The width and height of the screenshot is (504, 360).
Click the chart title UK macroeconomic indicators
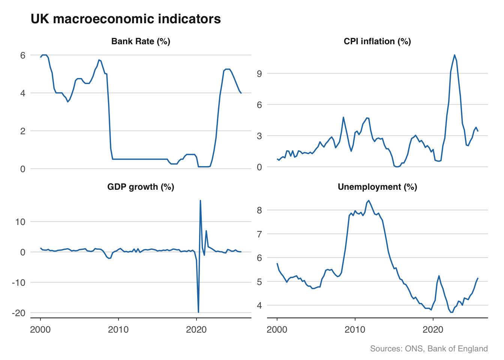(126, 19)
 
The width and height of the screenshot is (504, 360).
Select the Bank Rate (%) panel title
(141, 41)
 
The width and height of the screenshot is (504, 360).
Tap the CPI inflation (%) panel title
(377, 41)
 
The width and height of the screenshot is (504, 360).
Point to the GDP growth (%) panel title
(141, 187)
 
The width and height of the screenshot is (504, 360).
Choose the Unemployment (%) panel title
(377, 187)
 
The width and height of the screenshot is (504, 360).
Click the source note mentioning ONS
(429, 349)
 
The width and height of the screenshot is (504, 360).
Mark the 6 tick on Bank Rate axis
(23, 55)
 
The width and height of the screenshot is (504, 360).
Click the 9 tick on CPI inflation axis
(259, 73)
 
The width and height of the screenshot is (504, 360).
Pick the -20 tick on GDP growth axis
(18, 313)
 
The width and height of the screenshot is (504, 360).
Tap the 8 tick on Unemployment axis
(259, 210)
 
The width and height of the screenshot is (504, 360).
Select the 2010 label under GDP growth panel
(118, 330)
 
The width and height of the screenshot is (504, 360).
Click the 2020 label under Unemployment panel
(433, 330)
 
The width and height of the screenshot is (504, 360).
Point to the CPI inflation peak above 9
(454, 55)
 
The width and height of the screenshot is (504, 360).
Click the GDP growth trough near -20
(198, 312)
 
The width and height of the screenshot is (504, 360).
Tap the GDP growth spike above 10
(200, 200)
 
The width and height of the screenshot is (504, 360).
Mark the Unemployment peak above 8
(369, 200)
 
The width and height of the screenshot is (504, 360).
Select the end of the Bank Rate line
(241, 93)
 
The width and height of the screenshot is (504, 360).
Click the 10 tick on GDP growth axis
(20, 222)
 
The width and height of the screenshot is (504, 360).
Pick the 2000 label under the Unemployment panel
(277, 330)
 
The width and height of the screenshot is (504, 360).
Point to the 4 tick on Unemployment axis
(259, 305)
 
